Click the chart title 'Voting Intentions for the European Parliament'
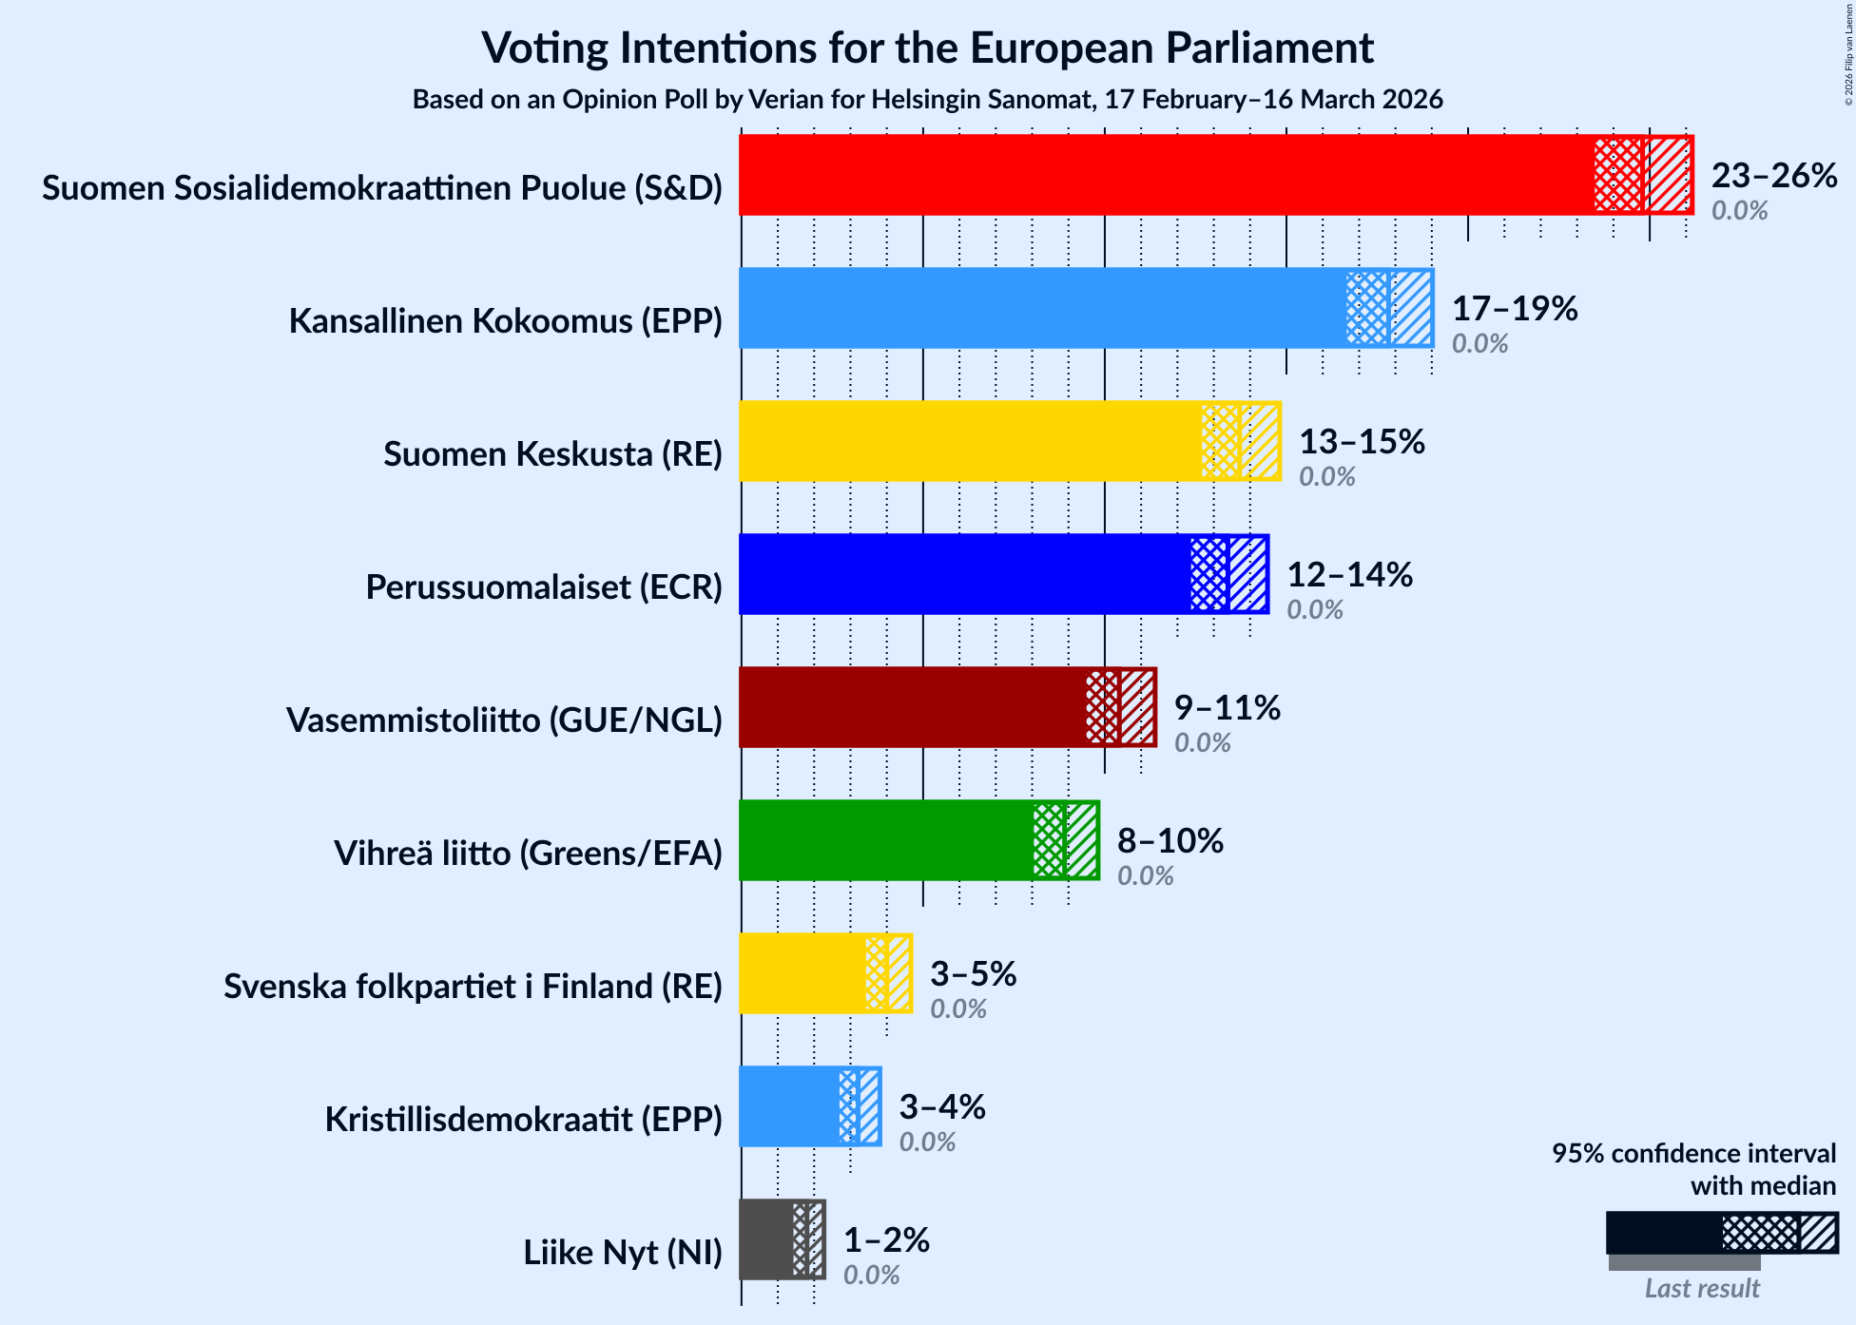pos(927,48)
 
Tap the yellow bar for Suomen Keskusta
pos(970,441)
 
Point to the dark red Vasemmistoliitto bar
pos(913,707)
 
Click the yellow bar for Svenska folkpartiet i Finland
pos(802,973)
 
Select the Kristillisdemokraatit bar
pos(789,1106)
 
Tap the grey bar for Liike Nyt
pos(766,1239)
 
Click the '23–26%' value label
pos(1774,176)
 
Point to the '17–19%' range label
pos(1515,309)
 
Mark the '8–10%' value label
pos(1170,841)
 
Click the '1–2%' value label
pos(886,1240)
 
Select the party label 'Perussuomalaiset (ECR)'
pos(544,587)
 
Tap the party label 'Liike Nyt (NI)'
pos(623,1253)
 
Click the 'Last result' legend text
pos(1702,1289)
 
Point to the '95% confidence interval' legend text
pos(1693,1154)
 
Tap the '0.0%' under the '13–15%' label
pos(1326,476)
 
